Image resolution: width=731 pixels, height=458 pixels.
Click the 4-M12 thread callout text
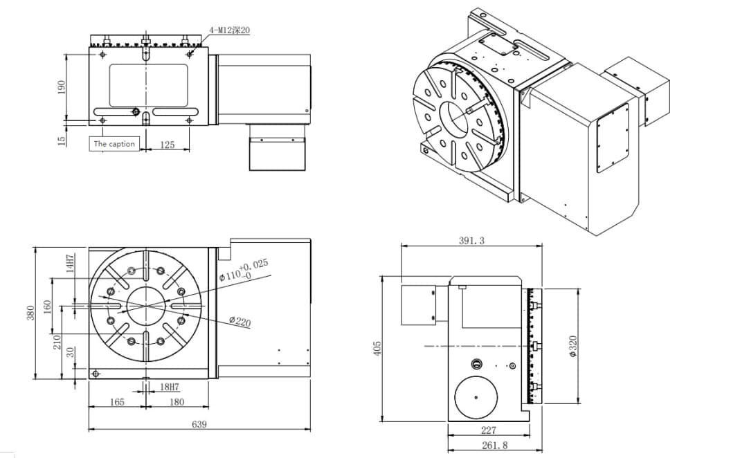point(229,31)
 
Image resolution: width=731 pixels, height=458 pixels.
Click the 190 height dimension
point(62,86)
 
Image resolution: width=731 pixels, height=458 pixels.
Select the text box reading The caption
point(114,144)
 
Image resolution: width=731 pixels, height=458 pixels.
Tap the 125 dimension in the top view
point(167,145)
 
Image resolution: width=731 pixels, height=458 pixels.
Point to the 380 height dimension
point(30,312)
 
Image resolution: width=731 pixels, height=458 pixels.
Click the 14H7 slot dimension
point(70,264)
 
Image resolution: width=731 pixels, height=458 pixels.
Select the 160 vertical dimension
point(48,305)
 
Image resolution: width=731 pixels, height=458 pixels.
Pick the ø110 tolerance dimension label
point(244,271)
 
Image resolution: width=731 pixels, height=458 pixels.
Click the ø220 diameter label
point(240,322)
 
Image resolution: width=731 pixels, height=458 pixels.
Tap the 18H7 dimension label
point(170,387)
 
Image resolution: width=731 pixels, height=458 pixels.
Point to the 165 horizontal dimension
point(117,402)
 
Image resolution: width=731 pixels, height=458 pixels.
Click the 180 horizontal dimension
point(177,402)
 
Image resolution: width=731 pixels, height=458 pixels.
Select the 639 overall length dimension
point(199,424)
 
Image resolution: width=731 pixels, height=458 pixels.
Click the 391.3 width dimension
point(471,241)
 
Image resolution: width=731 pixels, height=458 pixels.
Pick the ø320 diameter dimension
point(572,346)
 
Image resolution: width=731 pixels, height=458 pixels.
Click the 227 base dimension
point(488,430)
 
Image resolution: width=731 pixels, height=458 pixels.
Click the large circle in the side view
point(477,398)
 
